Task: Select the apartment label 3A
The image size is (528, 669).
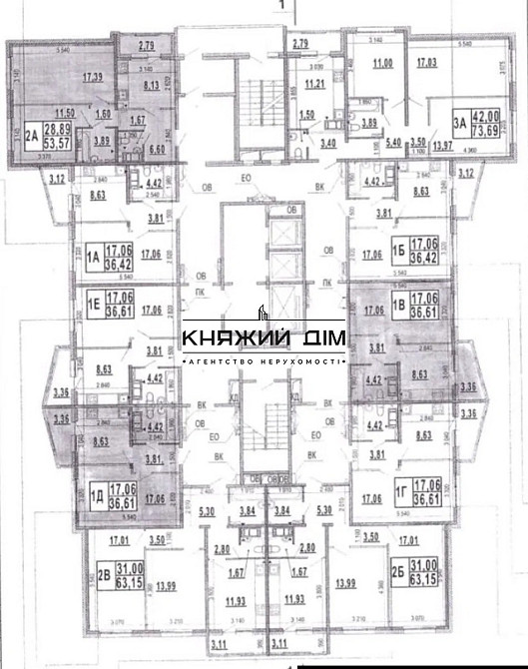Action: (x=460, y=123)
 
